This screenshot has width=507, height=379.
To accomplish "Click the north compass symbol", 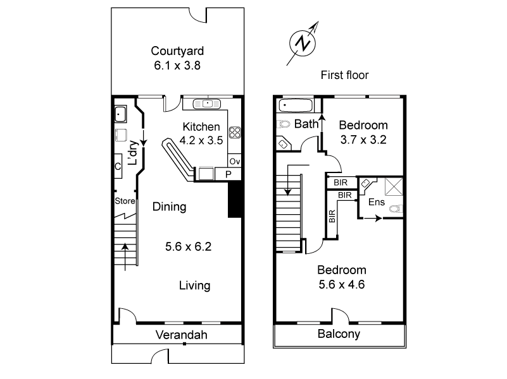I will click(303, 42).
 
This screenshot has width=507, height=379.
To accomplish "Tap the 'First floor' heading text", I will click(344, 75).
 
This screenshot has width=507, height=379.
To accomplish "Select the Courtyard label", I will click(177, 51).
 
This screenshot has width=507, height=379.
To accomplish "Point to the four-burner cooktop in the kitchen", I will click(235, 133).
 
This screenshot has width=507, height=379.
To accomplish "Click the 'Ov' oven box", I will click(234, 160).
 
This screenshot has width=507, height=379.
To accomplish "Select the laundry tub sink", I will click(121, 114).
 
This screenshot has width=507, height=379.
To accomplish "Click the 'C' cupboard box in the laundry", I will click(118, 167).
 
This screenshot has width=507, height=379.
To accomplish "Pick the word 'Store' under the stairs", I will click(125, 202).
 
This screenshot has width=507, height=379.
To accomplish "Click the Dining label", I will click(169, 207).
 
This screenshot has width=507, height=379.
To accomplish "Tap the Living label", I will click(194, 286).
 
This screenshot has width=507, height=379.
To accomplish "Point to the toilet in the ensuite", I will click(395, 208).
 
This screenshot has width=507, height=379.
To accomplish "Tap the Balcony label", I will click(339, 334).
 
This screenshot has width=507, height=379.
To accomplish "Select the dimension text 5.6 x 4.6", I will click(342, 284).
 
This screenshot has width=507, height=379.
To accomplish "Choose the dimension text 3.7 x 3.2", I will click(363, 139).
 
